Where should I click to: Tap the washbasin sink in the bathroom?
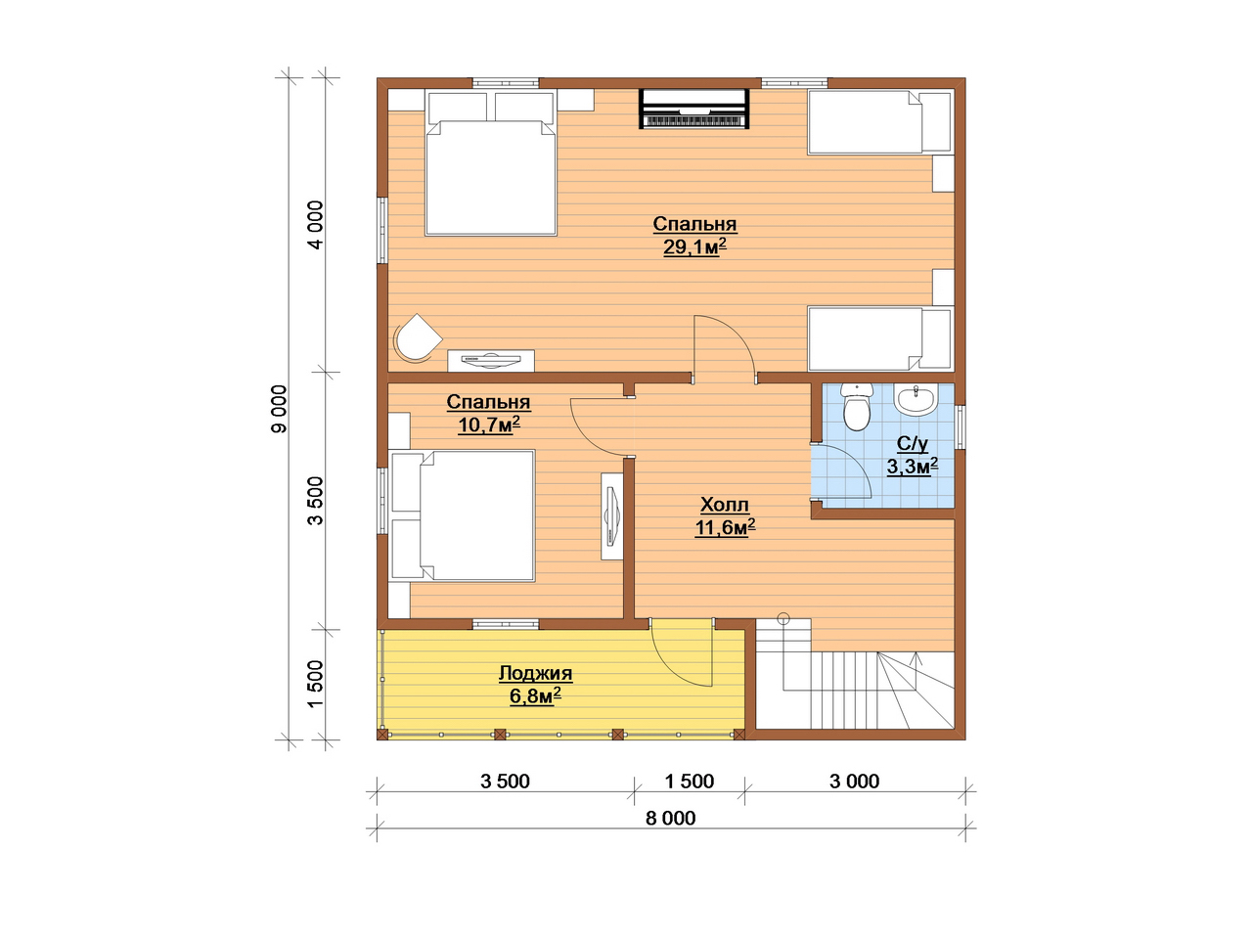point(915,398)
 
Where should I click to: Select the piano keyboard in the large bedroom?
point(693,109)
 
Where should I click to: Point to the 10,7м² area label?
point(488,425)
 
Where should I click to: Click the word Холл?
point(725,505)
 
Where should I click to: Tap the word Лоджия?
point(536,673)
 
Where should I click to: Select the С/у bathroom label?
point(912,443)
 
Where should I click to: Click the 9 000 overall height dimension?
point(279,409)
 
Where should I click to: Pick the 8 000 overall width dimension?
point(670,818)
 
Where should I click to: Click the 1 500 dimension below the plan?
point(689,782)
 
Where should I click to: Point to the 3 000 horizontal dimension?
point(854,782)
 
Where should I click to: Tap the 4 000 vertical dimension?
point(315,225)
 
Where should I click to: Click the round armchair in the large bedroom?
point(418,338)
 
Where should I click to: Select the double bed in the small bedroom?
point(462,515)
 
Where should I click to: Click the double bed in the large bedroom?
point(491,162)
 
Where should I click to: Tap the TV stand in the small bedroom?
point(611,516)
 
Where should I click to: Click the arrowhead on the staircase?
point(917,659)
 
